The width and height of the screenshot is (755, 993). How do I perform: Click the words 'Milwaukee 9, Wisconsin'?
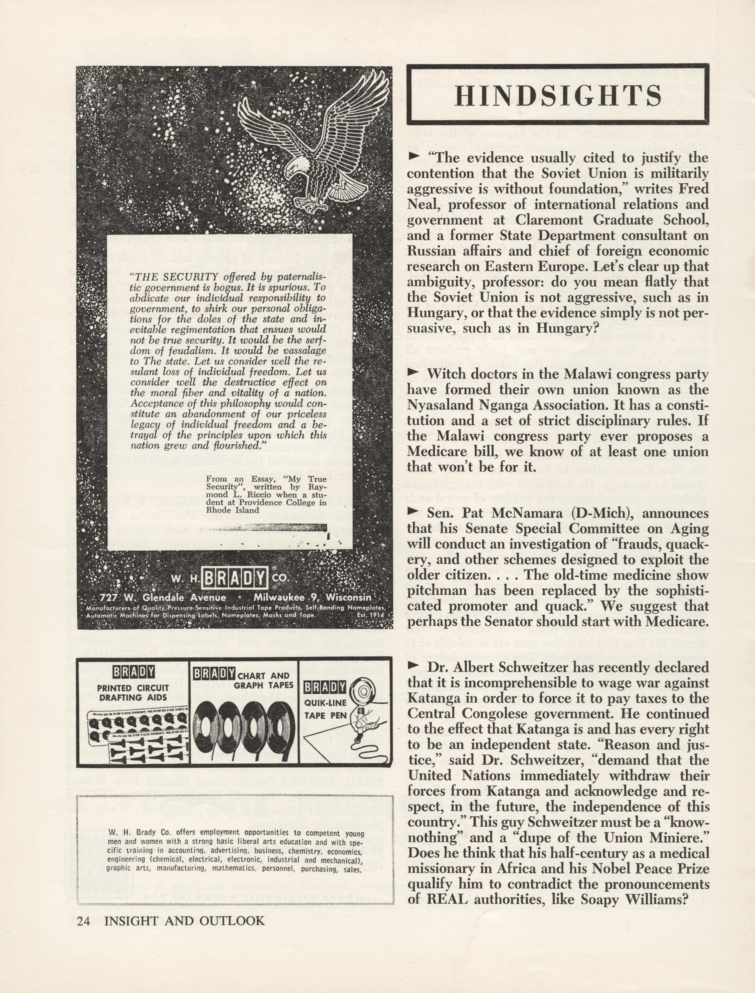pos(312,598)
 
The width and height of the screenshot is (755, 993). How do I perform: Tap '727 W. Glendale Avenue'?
pos(163,598)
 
